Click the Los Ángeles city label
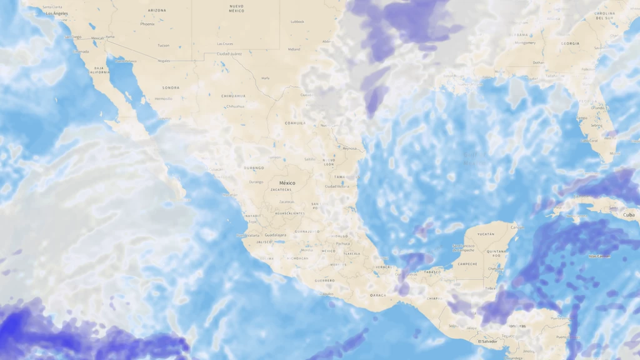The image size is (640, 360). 57,13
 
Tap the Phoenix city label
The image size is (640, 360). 147,24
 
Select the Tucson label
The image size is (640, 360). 163,45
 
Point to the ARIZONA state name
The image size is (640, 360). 157,11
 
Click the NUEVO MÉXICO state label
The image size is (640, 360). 236,8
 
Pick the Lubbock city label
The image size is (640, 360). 297,21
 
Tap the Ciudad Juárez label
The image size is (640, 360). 229,54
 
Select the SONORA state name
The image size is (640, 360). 171,88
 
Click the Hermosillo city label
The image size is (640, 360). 163,99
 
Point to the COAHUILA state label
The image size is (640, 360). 295,123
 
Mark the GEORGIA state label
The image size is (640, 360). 570,44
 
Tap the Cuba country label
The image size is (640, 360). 628,214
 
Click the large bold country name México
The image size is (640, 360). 287,183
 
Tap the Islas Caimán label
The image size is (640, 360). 598,256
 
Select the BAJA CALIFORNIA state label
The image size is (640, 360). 99,70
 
